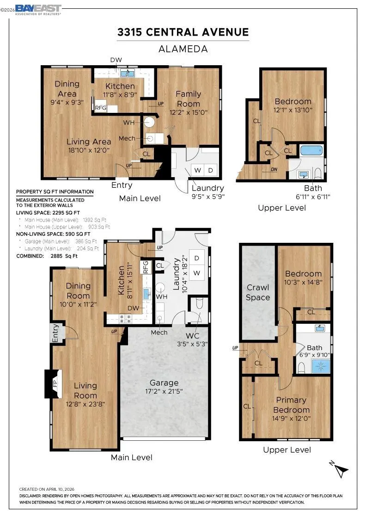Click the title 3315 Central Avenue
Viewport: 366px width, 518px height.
[183, 32]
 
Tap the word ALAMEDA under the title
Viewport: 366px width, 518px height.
[183, 49]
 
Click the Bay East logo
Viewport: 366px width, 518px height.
[38, 10]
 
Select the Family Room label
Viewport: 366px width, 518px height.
[188, 99]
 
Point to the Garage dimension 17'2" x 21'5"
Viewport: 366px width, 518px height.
[164, 391]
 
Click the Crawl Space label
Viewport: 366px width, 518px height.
[258, 292]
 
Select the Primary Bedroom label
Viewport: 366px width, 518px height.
[291, 405]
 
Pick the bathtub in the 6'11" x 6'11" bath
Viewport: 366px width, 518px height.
[311, 151]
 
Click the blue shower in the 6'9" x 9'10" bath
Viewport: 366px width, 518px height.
[320, 366]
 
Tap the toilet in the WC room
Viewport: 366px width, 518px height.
[199, 303]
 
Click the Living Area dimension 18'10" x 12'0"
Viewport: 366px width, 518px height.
[89, 150]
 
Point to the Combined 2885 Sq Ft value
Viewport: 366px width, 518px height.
[64, 256]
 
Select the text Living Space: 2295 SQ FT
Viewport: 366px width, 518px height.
[48, 213]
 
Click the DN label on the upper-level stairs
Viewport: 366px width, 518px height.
[274, 169]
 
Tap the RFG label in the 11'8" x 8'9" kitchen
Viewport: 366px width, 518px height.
[101, 108]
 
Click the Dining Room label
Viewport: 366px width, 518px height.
[78, 291]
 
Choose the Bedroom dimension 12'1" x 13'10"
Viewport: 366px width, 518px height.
[293, 110]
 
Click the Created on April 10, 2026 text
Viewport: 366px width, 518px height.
[47, 489]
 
